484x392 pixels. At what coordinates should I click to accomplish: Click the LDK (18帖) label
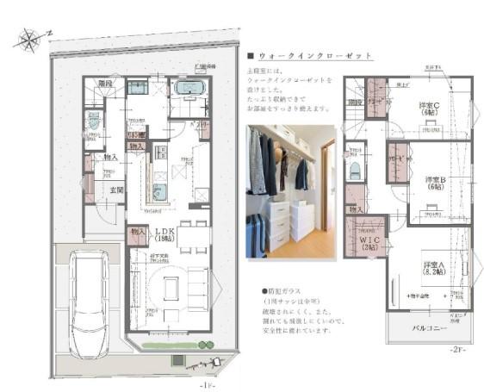165,235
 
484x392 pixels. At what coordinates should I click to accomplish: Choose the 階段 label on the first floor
105,85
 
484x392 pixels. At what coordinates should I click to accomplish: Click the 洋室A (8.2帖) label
432,268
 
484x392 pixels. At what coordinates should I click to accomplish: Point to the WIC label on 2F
368,245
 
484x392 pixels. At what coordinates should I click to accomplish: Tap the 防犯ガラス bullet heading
289,291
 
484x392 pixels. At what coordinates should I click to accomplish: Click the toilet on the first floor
91,121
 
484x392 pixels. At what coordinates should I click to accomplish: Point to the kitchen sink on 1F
159,192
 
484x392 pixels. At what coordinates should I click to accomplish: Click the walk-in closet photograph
290,190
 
